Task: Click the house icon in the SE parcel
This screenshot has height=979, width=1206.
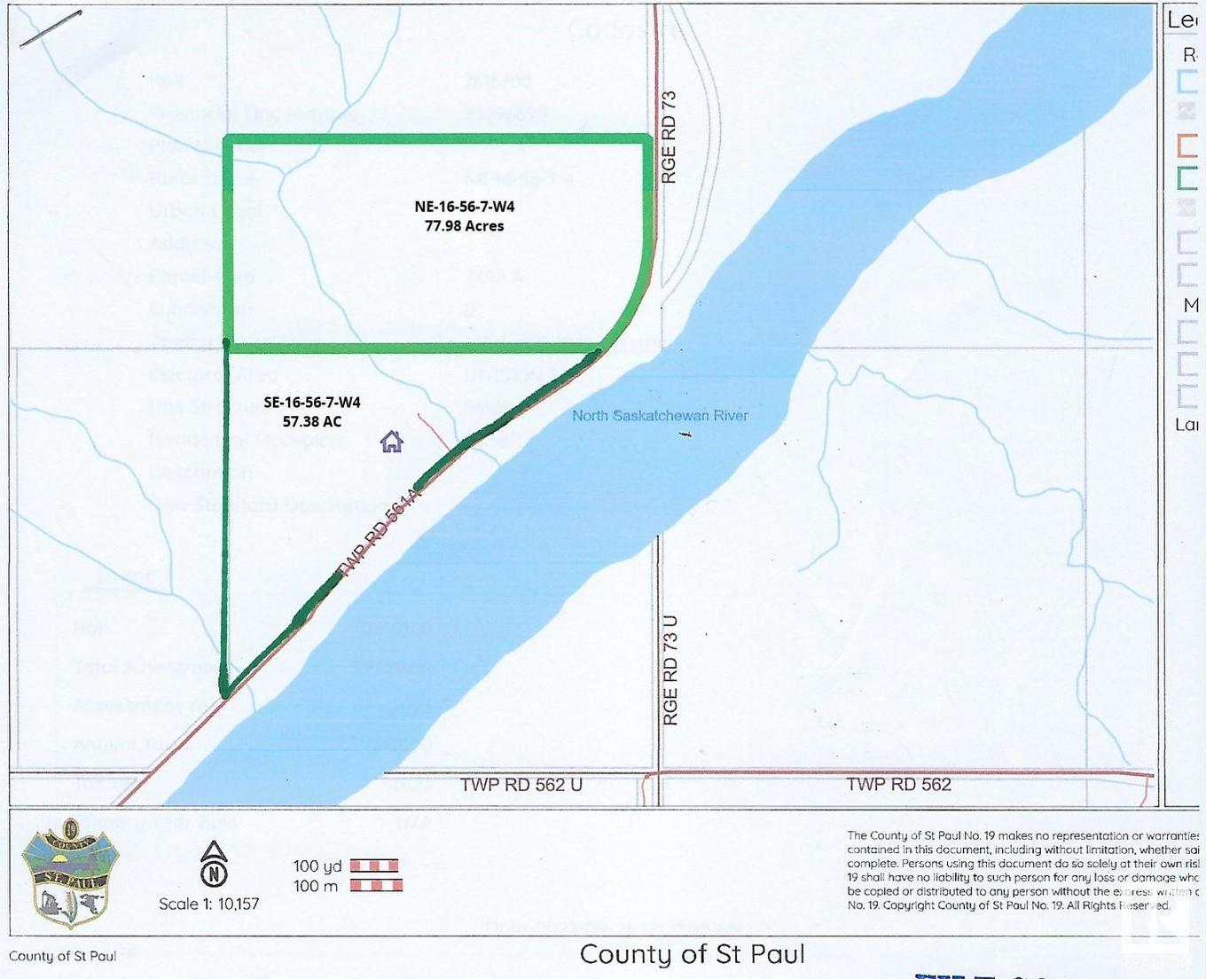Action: point(392,441)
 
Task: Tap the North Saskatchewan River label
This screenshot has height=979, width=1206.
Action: point(660,415)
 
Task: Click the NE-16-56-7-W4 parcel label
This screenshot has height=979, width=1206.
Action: point(464,207)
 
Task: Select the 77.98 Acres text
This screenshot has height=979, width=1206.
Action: point(464,226)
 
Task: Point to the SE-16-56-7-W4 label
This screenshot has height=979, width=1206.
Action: point(312,403)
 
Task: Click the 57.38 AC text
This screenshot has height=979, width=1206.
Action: point(312,421)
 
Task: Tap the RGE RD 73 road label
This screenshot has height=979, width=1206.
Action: point(670,137)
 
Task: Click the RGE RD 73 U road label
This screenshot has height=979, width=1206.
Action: point(670,670)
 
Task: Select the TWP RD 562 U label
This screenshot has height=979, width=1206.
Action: point(521,785)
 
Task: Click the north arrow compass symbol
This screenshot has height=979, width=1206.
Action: point(214,865)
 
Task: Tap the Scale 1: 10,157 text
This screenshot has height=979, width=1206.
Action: point(209,904)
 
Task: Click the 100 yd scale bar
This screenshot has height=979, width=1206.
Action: point(373,865)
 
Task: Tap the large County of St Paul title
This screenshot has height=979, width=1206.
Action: point(693,954)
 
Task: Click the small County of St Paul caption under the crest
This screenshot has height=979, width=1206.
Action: point(62,956)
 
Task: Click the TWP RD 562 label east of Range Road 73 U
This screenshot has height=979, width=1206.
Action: point(898,784)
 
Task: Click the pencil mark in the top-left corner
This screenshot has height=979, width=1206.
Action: point(51,29)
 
